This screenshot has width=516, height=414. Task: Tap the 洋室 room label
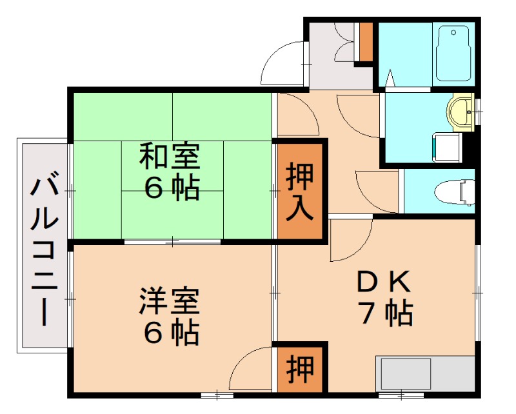point(170,301)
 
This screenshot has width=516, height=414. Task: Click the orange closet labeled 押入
point(300,191)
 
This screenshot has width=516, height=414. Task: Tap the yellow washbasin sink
point(462,113)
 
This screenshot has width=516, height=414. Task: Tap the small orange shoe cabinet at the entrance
point(366,42)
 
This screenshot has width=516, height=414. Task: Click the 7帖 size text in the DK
point(385,313)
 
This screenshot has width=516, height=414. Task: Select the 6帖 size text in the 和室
point(170,187)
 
